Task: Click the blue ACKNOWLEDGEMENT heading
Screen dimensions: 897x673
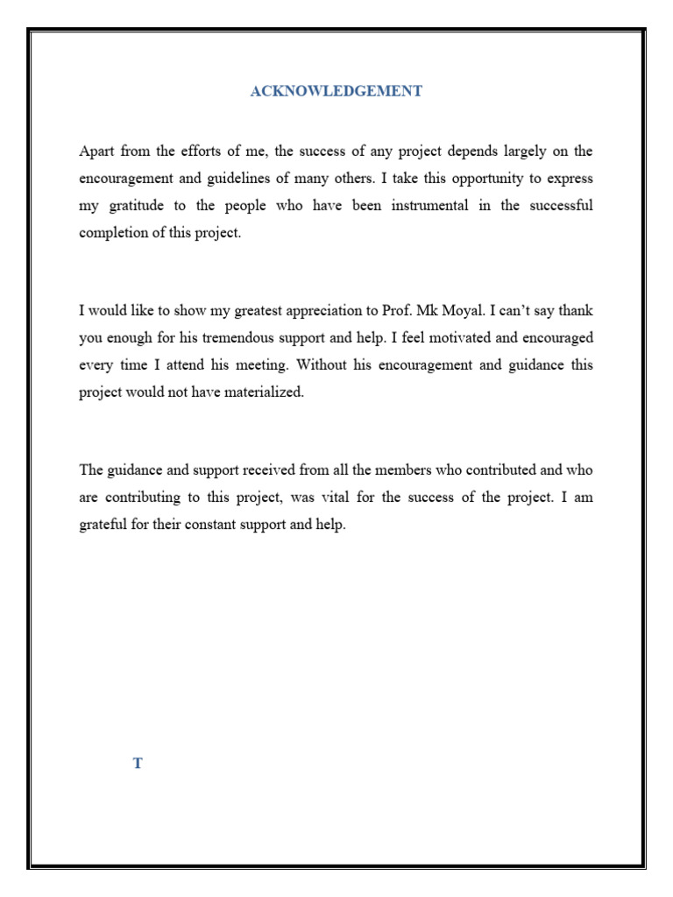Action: tap(336, 91)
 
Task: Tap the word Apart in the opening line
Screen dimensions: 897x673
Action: tap(96, 151)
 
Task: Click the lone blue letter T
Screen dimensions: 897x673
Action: tap(138, 764)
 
